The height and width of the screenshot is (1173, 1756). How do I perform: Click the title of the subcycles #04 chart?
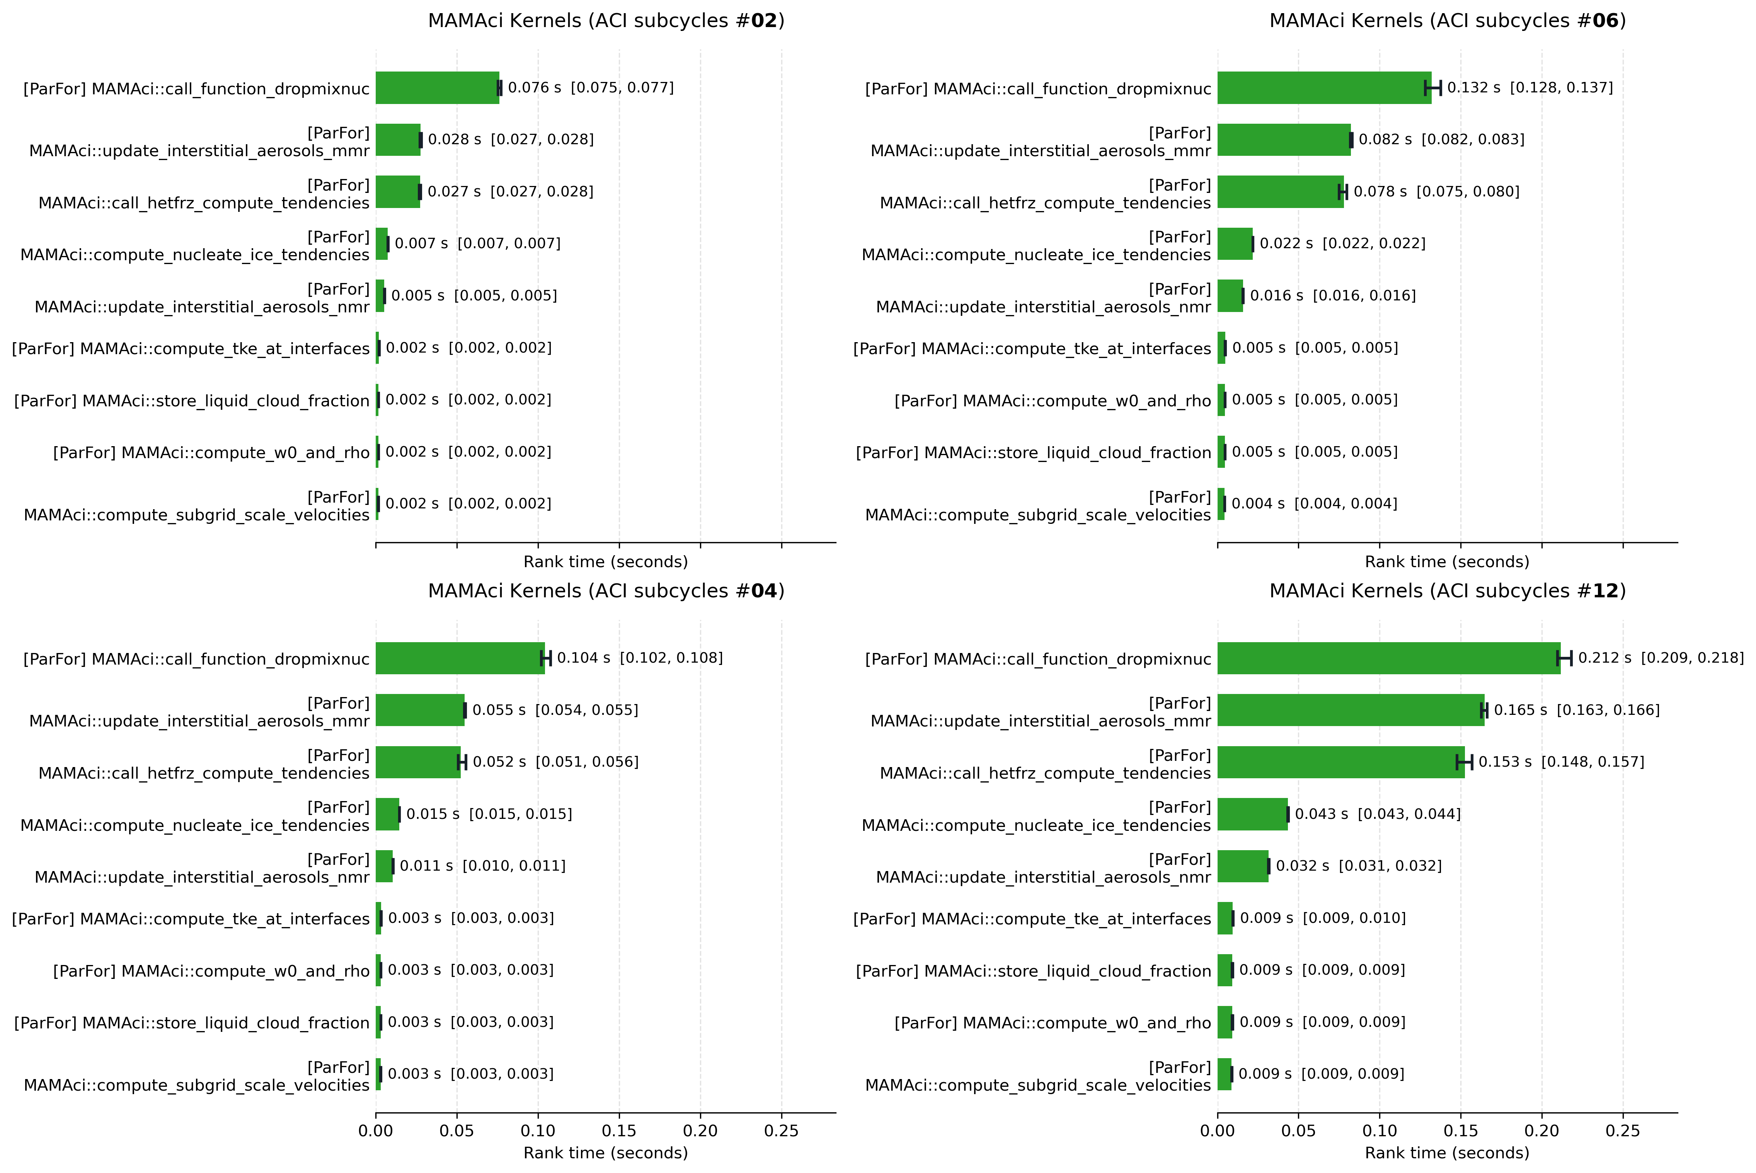tap(606, 591)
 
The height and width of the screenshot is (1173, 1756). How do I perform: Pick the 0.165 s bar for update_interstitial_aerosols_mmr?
tap(1351, 710)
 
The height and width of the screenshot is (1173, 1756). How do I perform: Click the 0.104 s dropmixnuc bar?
tap(460, 658)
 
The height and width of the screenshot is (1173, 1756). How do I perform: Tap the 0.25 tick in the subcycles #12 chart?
tap(1623, 1130)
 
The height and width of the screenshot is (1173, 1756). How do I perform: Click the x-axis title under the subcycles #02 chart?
tap(606, 562)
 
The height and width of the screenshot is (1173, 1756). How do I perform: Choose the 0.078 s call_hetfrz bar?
tap(1280, 191)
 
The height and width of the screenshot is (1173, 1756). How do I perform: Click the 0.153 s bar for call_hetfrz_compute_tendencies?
tap(1341, 762)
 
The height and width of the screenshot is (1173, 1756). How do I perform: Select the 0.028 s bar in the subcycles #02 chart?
tap(398, 140)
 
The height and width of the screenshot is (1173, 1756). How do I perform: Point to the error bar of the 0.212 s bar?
tap(1565, 658)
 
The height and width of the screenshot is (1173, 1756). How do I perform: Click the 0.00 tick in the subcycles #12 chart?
tap(1218, 1130)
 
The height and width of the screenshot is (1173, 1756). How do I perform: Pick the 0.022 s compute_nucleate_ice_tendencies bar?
tap(1235, 244)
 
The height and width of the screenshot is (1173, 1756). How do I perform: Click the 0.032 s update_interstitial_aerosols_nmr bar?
tap(1243, 866)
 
